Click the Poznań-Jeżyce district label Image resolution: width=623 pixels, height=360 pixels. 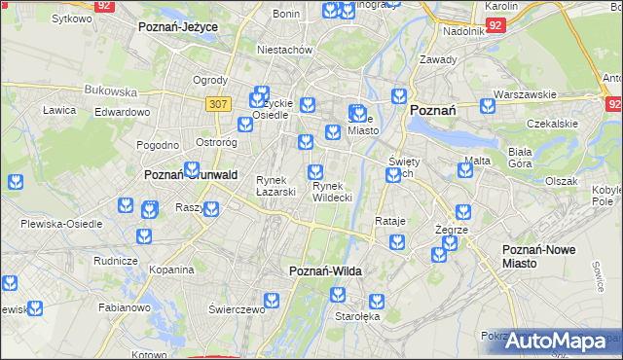click(178, 27)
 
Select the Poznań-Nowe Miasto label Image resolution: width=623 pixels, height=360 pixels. click(538, 257)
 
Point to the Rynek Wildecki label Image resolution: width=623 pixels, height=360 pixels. click(332, 192)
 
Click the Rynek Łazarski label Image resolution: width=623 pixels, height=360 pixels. click(275, 186)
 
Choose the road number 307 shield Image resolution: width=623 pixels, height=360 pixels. click(217, 103)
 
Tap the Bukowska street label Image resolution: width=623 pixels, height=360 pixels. click(110, 90)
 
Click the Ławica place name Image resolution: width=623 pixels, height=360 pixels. click(59, 110)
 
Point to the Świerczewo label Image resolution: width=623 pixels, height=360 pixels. click(237, 309)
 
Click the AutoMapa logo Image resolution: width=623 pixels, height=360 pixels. click(559, 342)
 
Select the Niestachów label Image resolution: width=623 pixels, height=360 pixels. click(283, 49)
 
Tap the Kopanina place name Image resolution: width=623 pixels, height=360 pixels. click(171, 269)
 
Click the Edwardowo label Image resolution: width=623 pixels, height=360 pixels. click(122, 112)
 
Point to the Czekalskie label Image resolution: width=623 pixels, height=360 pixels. click(546, 125)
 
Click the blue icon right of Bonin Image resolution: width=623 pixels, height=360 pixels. click(329, 12)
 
